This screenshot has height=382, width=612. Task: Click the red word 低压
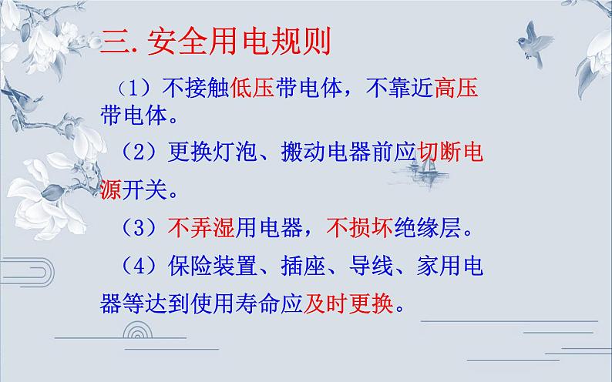click(252, 90)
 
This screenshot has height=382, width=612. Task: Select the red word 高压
click(456, 90)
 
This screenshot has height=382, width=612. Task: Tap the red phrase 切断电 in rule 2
click(450, 154)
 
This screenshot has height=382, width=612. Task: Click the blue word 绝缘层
click(426, 227)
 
